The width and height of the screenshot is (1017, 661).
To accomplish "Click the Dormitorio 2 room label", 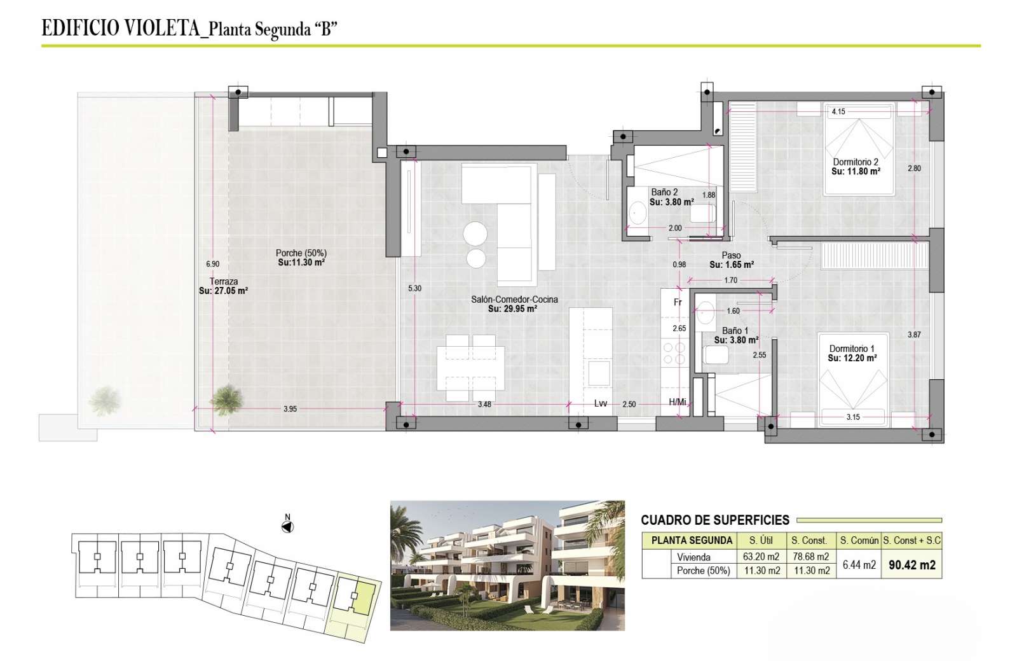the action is pos(856,162).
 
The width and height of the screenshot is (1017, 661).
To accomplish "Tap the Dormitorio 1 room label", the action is pos(852,349).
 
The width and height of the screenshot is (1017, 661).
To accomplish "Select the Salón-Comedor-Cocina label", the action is pos(514,300).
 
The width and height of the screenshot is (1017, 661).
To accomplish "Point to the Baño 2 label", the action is pos(664,192).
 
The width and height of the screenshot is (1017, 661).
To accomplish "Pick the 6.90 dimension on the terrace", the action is pos(212,264).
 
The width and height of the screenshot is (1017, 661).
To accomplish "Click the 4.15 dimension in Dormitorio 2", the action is pos(838,111).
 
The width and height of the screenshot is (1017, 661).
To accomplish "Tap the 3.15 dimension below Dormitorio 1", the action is pos(852,417).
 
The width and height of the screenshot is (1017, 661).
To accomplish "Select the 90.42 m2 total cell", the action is pos(911,565).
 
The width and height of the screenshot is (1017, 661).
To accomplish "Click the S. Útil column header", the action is pos(761,540).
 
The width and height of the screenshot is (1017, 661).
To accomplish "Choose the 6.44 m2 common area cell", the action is pos(859,565).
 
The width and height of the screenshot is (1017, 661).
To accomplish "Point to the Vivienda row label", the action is pos(693,557).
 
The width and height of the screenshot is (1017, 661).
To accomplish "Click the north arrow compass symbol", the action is pos(287,527).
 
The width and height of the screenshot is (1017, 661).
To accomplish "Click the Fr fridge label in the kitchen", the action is pos(678,302).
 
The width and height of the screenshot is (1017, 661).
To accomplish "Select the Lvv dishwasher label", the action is pos(601,403).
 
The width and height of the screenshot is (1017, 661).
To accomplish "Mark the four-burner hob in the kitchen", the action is pos(674,354).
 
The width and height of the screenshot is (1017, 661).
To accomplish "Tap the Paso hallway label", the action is pos(731,255).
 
